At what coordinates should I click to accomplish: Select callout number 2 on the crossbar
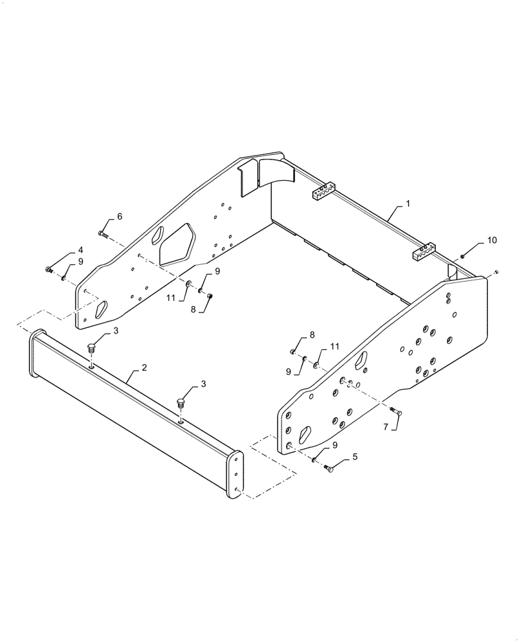(144, 368)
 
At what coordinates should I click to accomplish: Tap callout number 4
(80, 249)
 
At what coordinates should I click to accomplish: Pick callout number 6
(119, 217)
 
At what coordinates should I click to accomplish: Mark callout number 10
(492, 240)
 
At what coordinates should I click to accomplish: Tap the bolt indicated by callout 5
(330, 470)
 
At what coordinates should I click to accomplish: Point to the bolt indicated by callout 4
(50, 269)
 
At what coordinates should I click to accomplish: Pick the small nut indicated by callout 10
(462, 257)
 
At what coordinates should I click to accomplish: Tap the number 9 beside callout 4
(80, 262)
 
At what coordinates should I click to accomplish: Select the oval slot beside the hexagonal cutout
(156, 238)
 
